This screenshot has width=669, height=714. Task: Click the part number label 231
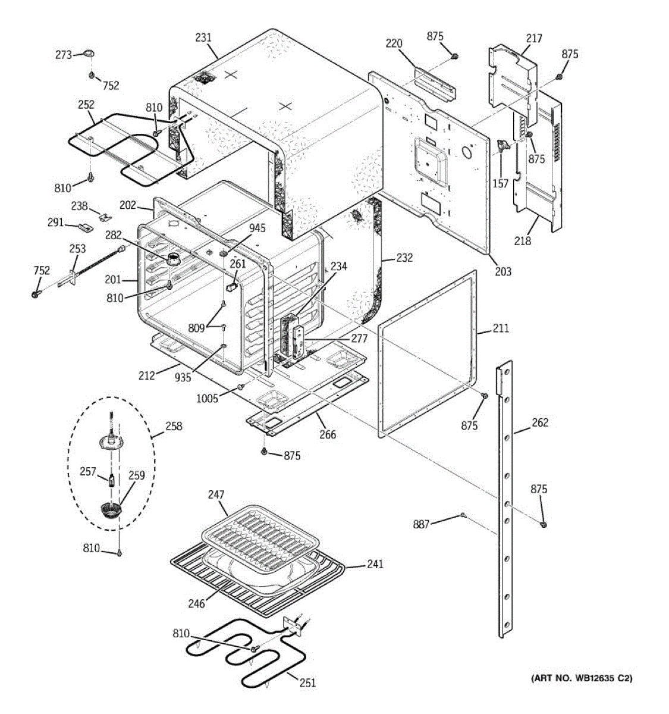pyautogui.click(x=203, y=37)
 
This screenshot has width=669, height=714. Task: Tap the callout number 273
pyautogui.click(x=64, y=55)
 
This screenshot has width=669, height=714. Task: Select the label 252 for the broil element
pyautogui.click(x=86, y=105)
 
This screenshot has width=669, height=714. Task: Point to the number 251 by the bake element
pyautogui.click(x=307, y=683)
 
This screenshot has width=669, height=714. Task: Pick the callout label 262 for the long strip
pyautogui.click(x=540, y=423)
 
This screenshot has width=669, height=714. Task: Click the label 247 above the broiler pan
pyautogui.click(x=216, y=494)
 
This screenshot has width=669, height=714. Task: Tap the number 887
pyautogui.click(x=422, y=524)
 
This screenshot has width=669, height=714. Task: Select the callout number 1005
pyautogui.click(x=208, y=399)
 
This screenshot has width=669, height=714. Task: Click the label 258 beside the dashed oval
pyautogui.click(x=174, y=427)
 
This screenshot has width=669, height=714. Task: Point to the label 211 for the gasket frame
pyautogui.click(x=501, y=328)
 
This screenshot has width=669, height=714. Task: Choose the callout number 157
pyautogui.click(x=501, y=184)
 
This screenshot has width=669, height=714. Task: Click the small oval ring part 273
pyautogui.click(x=89, y=54)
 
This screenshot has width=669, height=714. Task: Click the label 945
pyautogui.click(x=257, y=228)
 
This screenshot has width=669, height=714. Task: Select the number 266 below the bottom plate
pyautogui.click(x=328, y=435)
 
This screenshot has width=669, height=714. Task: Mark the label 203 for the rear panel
pyautogui.click(x=503, y=272)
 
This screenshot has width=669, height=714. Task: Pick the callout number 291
pyautogui.click(x=56, y=223)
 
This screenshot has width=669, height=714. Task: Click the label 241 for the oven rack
pyautogui.click(x=375, y=564)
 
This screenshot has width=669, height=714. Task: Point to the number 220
pyautogui.click(x=394, y=43)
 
